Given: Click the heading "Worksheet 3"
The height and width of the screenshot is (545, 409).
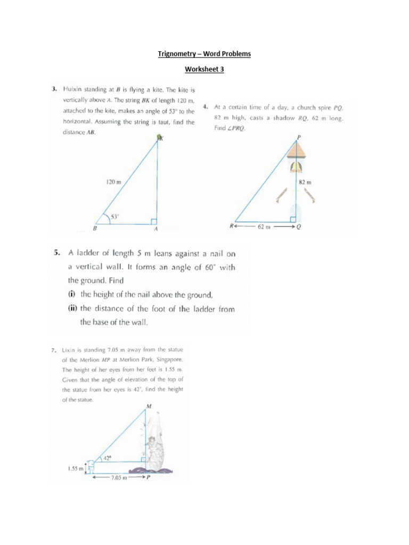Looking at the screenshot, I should (204, 69).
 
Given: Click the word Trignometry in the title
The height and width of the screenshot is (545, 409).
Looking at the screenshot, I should (177, 54).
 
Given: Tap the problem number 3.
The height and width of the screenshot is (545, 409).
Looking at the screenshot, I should (54, 89).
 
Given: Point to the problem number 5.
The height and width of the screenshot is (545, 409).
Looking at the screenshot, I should (56, 253).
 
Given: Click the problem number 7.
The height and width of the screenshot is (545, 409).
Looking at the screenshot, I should (54, 351).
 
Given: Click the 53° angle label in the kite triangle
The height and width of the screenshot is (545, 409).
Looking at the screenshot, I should (114, 216).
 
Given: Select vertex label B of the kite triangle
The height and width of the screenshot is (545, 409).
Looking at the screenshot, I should (95, 229).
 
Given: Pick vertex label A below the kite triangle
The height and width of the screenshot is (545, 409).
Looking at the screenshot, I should (157, 229).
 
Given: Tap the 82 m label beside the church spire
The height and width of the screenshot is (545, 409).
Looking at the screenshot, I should (305, 183).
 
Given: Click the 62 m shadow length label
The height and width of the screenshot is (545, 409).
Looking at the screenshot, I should (264, 226).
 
